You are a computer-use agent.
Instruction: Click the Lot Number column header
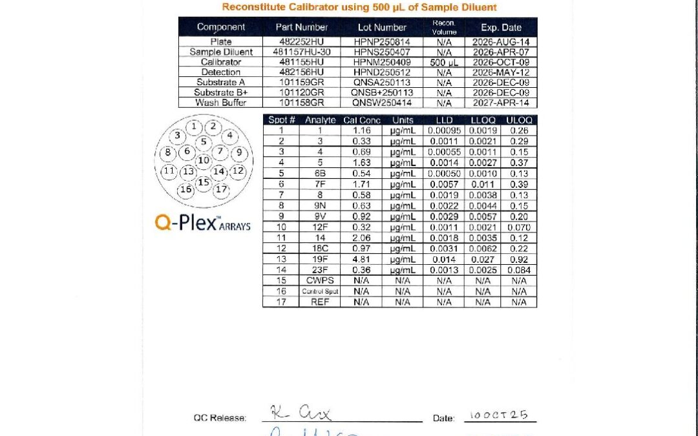pos(381,27)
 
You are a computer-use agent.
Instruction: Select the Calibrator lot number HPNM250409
pos(381,62)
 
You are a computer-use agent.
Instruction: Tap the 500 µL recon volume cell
pos(444,62)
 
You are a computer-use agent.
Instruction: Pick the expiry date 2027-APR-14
pos(500,103)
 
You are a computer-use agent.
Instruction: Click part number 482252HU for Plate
pos(301,41)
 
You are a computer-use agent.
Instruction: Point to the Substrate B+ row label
pos(221,92)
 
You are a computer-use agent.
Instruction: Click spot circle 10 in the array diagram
pos(204,160)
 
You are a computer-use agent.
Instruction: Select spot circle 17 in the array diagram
pos(221,189)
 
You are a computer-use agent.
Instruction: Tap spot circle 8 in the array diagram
pos(168,152)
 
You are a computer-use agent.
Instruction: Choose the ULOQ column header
pos(519,119)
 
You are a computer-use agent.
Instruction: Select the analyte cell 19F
pos(321,260)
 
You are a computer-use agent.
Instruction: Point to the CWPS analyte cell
pos(321,280)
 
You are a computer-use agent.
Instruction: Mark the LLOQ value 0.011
pos(483,185)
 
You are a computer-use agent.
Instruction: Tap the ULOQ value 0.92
pos(519,260)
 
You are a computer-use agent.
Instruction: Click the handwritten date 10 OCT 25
pos(500,415)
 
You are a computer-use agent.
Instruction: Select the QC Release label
pos(220,418)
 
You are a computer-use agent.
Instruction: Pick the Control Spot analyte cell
pos(321,291)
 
